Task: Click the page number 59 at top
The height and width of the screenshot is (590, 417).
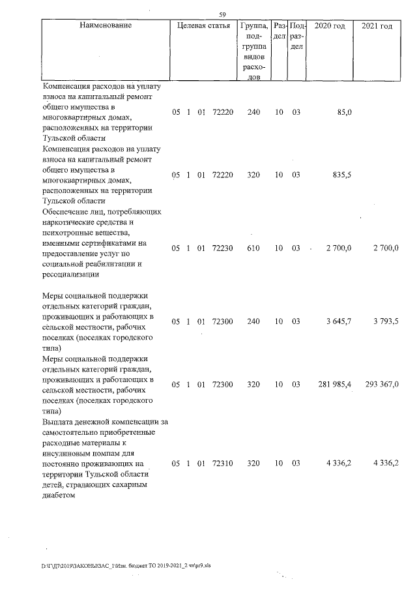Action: tap(222, 14)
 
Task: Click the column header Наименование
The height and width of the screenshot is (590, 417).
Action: tap(106, 25)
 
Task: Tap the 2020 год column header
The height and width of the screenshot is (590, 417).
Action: tap(330, 25)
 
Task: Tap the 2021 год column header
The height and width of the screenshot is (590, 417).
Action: tap(377, 25)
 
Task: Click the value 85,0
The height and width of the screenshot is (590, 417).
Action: tap(342, 112)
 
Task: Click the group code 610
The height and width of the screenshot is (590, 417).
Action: tap(253, 248)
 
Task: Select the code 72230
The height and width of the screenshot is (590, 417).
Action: tap(223, 248)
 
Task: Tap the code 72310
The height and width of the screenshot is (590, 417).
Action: tap(223, 464)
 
